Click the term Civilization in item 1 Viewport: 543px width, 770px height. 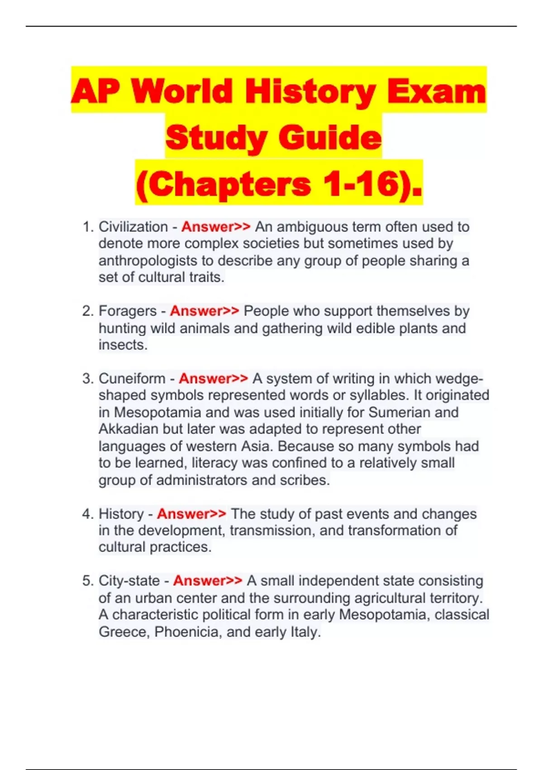click(133, 226)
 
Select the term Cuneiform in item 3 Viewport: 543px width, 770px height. click(132, 378)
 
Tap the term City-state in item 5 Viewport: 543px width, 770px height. click(129, 581)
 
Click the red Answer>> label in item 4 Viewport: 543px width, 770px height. click(191, 514)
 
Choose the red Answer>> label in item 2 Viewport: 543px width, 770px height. click(205, 311)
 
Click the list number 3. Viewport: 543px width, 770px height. click(87, 378)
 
